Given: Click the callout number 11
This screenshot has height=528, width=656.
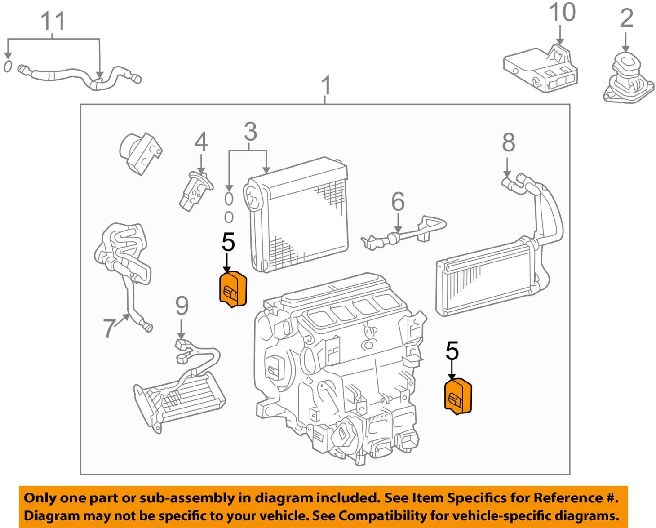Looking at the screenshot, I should click(x=53, y=21).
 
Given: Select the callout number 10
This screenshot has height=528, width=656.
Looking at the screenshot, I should click(x=562, y=13).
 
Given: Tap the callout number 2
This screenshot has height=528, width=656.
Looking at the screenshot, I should click(x=626, y=18).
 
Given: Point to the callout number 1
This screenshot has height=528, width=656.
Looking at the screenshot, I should click(x=327, y=85).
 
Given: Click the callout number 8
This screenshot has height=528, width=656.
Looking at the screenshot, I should click(x=508, y=142).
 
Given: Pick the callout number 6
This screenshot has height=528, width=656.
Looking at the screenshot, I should click(x=398, y=202).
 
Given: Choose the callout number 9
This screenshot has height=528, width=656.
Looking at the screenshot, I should click(x=182, y=306).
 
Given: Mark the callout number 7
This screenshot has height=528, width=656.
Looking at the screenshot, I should click(x=109, y=328).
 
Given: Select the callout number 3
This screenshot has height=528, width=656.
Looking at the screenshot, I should click(x=250, y=132).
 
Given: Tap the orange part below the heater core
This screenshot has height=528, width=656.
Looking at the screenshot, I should click(x=458, y=396).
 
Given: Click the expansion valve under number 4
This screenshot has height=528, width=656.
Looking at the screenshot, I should click(x=194, y=191).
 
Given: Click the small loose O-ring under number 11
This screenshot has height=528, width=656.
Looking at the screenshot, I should click(x=8, y=66).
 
